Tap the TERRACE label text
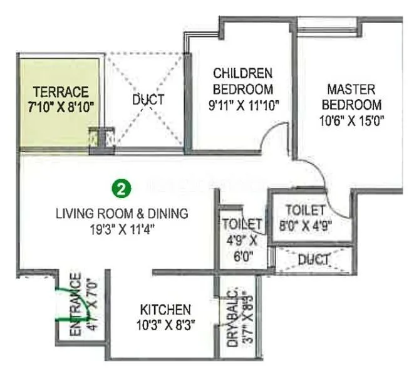pyautogui.click(x=61, y=91)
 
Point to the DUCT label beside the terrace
pyautogui.click(x=148, y=100)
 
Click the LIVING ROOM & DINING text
pyautogui.click(x=122, y=214)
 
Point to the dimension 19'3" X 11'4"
pyautogui.click(x=122, y=229)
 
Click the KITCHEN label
pyautogui.click(x=165, y=310)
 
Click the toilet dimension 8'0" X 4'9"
pyautogui.click(x=305, y=224)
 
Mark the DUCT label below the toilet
pyautogui.click(x=314, y=259)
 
